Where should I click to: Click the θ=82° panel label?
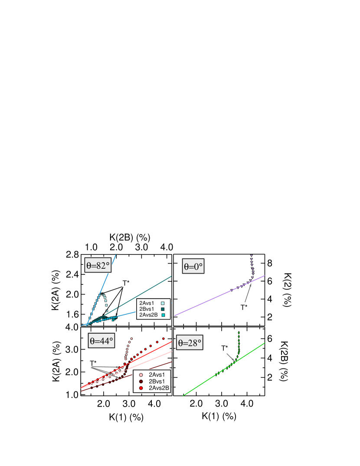point(98,265)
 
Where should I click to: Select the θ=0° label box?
point(193,266)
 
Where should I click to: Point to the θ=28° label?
point(190,343)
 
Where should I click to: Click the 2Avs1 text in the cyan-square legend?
point(147,303)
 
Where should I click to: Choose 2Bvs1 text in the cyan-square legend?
point(147,309)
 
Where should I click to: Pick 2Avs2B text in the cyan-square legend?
point(148,315)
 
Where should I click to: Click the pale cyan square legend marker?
point(163,303)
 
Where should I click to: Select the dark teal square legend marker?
point(163,309)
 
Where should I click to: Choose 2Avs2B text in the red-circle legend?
point(158,388)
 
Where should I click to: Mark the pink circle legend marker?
point(141,375)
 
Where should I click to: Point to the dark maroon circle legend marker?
point(141,381)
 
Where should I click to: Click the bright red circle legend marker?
point(141,388)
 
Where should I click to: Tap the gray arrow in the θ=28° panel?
point(230,357)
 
